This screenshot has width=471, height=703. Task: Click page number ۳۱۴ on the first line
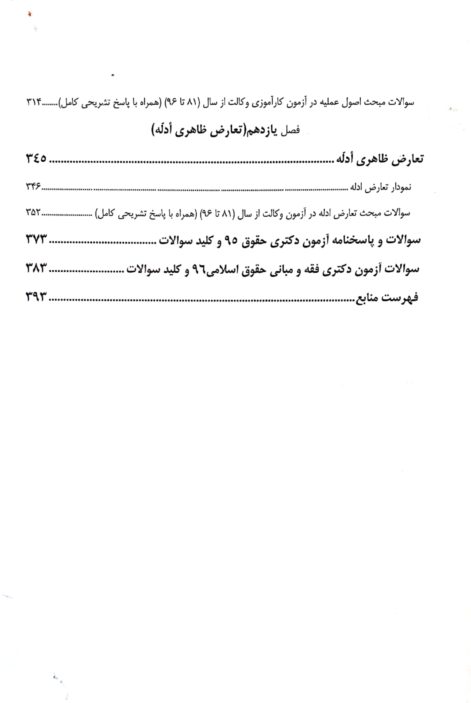(34, 102)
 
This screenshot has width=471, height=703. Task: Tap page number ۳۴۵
(37, 158)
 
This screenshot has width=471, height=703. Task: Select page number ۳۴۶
(33, 187)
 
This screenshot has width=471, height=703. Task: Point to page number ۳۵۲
(33, 213)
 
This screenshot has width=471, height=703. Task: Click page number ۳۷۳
(37, 239)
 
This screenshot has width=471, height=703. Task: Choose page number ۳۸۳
(37, 268)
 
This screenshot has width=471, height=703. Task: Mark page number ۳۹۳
(37, 297)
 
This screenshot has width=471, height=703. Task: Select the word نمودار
(399, 187)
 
